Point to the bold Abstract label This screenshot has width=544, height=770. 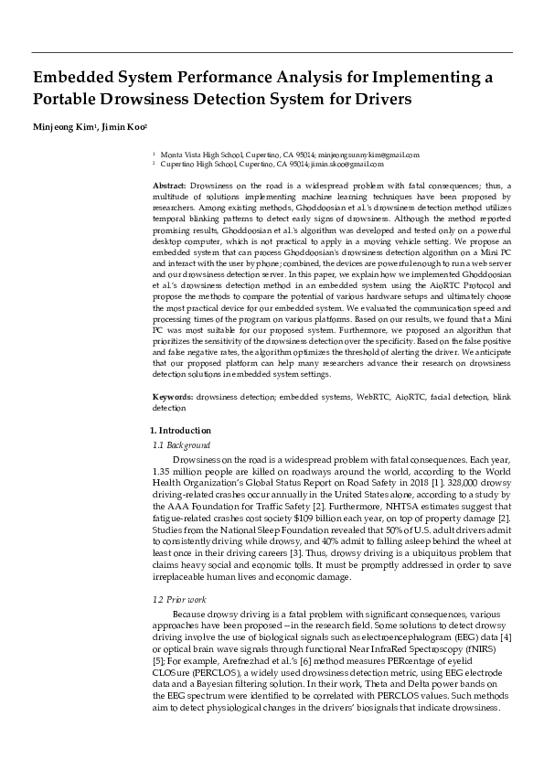pos(170,186)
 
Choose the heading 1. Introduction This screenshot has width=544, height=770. pos(180,430)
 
